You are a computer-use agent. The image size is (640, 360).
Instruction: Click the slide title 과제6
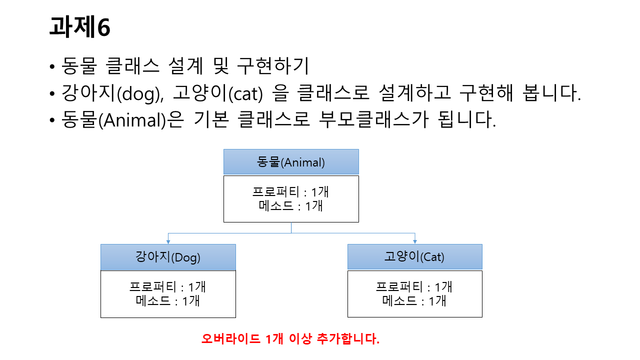pyautogui.click(x=80, y=27)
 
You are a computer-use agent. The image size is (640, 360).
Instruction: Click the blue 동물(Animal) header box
pyautogui.click(x=291, y=162)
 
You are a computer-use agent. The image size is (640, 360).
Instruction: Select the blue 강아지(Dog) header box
pyautogui.click(x=168, y=257)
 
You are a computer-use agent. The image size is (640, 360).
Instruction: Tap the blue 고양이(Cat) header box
pyautogui.click(x=414, y=257)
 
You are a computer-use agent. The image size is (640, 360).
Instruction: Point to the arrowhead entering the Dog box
pyautogui.click(x=168, y=241)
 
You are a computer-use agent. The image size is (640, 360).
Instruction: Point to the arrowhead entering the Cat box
pyautogui.click(x=414, y=241)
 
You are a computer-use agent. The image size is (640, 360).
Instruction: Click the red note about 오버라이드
pyautogui.click(x=290, y=338)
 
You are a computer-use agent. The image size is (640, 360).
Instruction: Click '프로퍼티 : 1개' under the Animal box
pyautogui.click(x=291, y=192)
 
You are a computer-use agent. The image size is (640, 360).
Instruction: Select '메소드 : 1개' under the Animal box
pyautogui.click(x=291, y=205)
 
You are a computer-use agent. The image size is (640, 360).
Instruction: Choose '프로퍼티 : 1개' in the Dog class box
pyautogui.click(x=168, y=287)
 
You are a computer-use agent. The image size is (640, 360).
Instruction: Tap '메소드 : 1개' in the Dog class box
pyautogui.click(x=168, y=300)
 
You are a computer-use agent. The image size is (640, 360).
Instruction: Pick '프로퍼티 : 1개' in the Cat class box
pyautogui.click(x=414, y=287)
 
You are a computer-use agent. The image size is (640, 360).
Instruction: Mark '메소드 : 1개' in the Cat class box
pyautogui.click(x=414, y=300)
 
